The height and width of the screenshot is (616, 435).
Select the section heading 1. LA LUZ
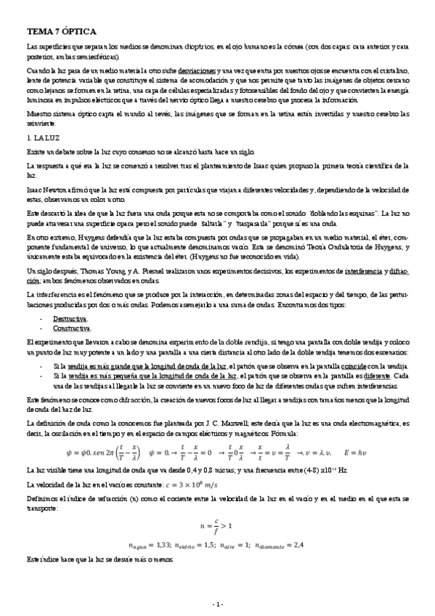coord(40,137)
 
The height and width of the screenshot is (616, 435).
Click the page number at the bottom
coord(217,604)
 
